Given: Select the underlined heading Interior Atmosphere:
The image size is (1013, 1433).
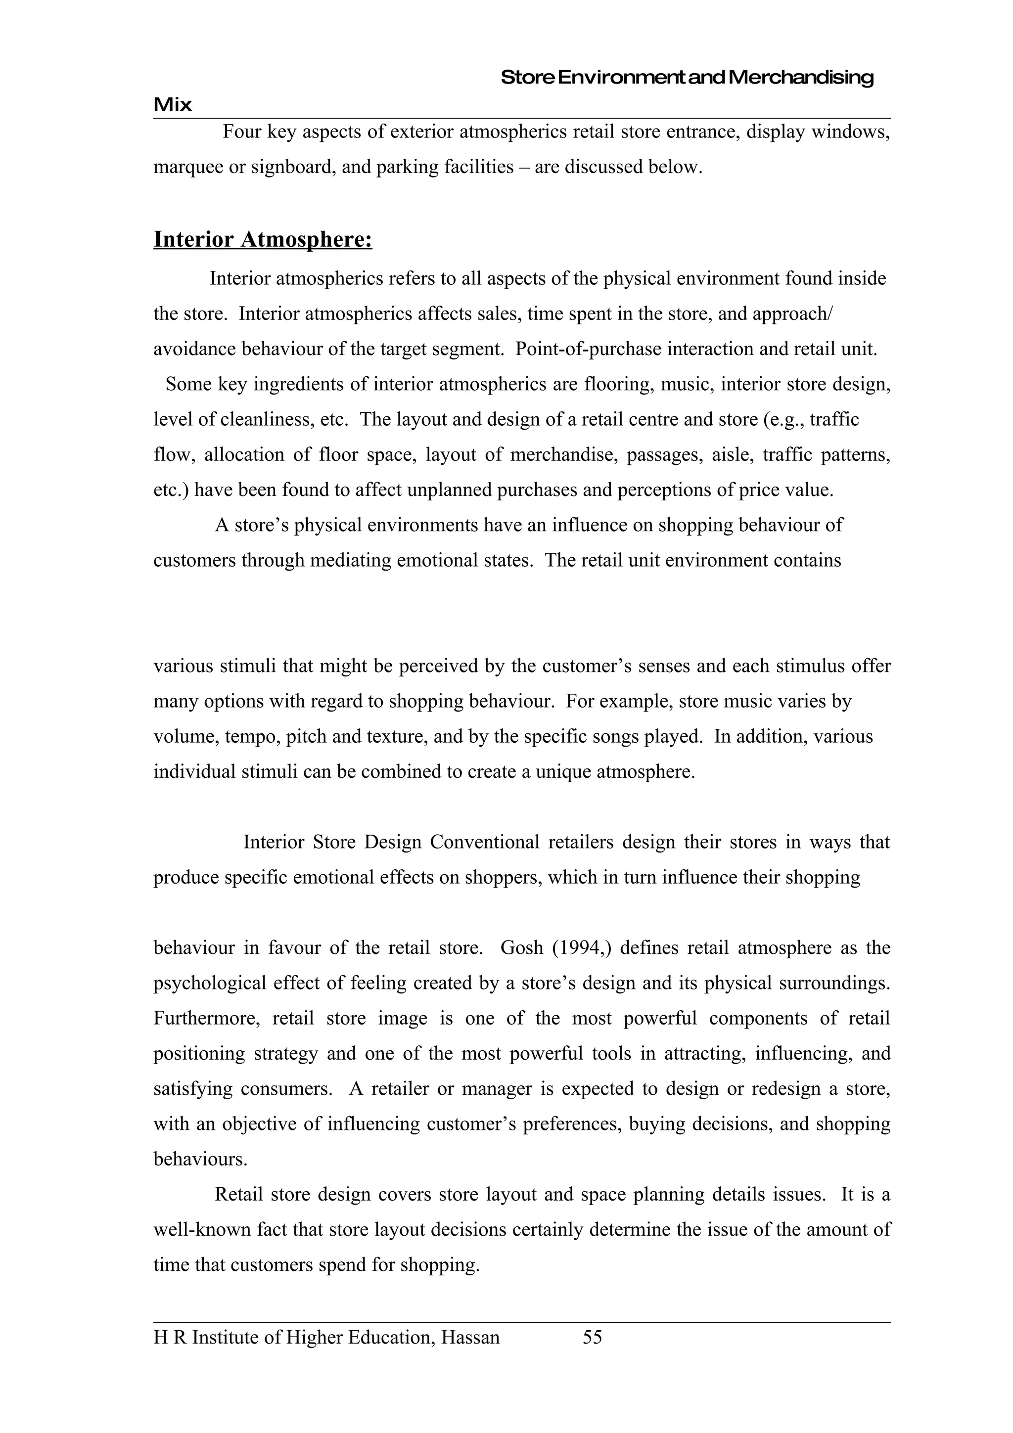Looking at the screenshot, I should click(x=263, y=240).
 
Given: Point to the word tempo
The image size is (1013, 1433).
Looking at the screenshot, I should click(x=253, y=736).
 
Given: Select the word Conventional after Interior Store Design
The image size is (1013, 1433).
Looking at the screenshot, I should click(x=484, y=842).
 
